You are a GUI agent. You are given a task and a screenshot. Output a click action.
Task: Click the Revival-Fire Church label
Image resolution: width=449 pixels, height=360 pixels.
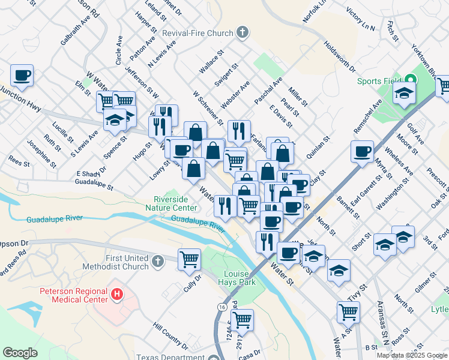tap(203, 33)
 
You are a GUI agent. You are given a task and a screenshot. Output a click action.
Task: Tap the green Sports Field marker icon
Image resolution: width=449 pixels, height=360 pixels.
tap(410, 79)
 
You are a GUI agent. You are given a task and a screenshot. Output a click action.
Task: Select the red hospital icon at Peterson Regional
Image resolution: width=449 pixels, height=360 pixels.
tap(118, 295)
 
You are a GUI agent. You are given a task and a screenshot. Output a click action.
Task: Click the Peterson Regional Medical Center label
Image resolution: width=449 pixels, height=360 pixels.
tap(74, 296)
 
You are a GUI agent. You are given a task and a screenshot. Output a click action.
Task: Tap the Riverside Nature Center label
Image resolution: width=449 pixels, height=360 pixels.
tap(175, 203)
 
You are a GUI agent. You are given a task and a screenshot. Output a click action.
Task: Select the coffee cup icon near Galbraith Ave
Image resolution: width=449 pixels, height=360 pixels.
tap(22, 75)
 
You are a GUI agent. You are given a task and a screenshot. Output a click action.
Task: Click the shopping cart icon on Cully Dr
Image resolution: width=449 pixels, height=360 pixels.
tap(189, 259)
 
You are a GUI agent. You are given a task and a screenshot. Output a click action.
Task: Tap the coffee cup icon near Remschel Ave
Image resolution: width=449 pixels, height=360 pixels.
tap(362, 151)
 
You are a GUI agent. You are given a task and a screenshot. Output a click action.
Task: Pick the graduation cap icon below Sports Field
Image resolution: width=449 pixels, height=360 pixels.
tap(404, 92)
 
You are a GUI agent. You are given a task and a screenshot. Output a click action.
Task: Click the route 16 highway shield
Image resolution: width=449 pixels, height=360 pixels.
tap(222, 307)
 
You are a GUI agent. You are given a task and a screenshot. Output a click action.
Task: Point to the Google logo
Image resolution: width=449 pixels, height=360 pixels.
tap(20, 352)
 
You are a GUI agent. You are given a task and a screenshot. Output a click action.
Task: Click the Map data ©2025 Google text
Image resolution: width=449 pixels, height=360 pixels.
tap(411, 355)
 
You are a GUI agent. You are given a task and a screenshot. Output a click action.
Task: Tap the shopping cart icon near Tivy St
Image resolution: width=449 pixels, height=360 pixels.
tap(348, 311)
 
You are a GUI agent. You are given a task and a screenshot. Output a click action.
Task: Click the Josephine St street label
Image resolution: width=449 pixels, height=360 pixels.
tap(41, 154)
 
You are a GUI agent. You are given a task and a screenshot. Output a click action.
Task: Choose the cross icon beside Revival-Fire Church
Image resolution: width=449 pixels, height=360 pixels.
tap(242, 32)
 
